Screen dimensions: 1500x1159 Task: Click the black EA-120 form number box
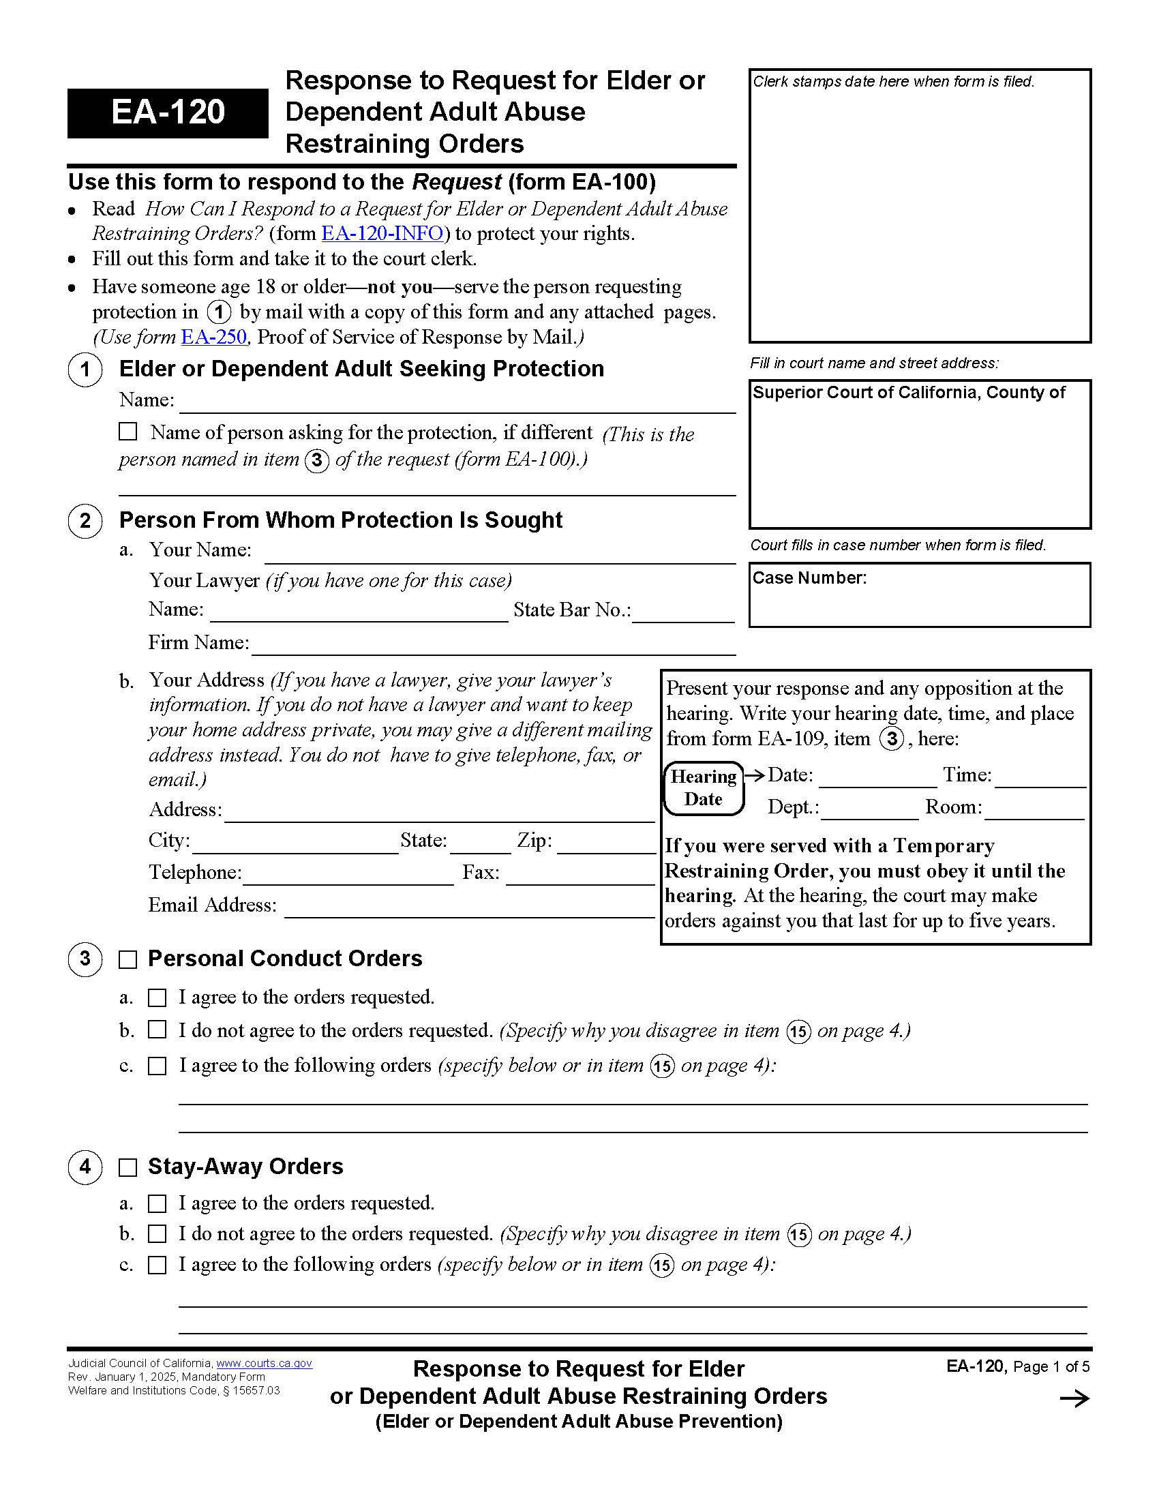point(168,112)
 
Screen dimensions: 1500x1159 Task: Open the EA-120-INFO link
point(382,233)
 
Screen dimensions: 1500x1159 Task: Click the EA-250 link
point(213,337)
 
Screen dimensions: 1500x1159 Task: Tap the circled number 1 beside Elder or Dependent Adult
point(85,370)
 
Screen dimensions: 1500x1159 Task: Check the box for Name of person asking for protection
point(127,432)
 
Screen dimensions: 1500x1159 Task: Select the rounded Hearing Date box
point(704,787)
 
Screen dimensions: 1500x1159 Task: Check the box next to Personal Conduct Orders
point(127,959)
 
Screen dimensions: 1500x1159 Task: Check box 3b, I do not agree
point(157,1030)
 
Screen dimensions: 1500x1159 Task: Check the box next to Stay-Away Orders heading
point(127,1167)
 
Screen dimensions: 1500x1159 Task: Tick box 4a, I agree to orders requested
point(157,1203)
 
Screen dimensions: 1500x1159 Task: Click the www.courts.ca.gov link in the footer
point(265,1364)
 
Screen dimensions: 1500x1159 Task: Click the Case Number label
point(809,578)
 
